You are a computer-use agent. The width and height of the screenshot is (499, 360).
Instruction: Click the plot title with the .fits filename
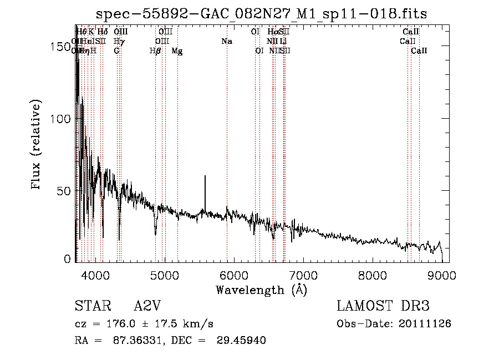click(261, 13)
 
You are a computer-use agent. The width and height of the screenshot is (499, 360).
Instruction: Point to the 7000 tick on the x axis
click(303, 275)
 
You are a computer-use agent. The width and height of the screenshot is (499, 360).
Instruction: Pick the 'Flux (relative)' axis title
click(37, 146)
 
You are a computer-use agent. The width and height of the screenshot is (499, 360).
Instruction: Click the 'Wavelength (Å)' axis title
click(261, 290)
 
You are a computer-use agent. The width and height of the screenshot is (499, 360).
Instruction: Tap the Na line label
click(226, 41)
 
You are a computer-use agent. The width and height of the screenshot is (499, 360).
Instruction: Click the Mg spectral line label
click(177, 51)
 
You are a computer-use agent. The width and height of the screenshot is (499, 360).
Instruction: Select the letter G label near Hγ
click(116, 51)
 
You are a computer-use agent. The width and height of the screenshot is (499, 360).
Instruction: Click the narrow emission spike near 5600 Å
click(205, 177)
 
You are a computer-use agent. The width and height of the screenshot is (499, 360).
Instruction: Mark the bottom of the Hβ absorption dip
click(156, 234)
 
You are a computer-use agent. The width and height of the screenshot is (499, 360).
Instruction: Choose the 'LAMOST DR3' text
click(383, 306)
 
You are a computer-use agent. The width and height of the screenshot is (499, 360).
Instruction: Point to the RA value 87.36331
click(131, 341)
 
